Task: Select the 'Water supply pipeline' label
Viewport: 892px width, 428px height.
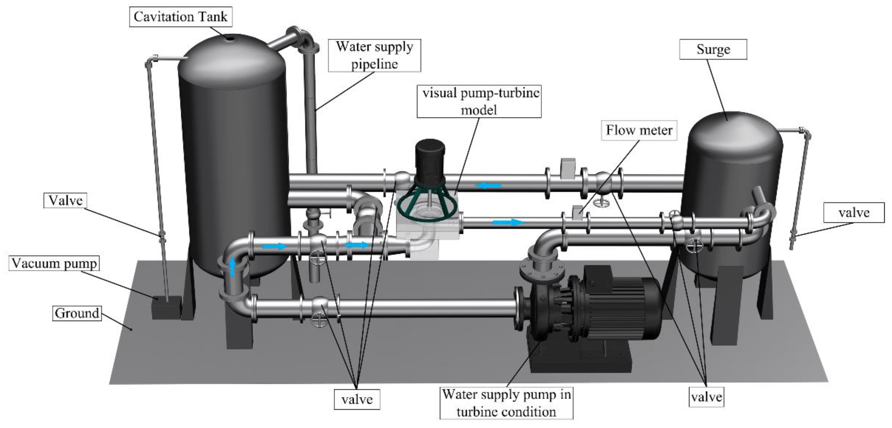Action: [x=374, y=55]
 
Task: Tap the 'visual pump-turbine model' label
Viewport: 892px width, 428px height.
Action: [x=479, y=101]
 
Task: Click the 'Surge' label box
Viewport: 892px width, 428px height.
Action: [x=713, y=50]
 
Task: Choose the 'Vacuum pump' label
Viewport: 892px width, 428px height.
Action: [x=54, y=264]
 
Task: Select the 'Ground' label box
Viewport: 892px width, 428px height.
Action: [x=77, y=313]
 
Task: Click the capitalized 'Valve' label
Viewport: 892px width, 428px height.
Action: [x=65, y=201]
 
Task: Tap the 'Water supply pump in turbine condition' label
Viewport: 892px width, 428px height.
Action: [x=506, y=403]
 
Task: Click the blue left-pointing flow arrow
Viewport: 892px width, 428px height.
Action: [x=488, y=186]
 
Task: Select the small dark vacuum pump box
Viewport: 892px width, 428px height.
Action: [x=166, y=307]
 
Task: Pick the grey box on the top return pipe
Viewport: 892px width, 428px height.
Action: [x=568, y=168]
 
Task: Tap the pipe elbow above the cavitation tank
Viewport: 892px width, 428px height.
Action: [x=305, y=40]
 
